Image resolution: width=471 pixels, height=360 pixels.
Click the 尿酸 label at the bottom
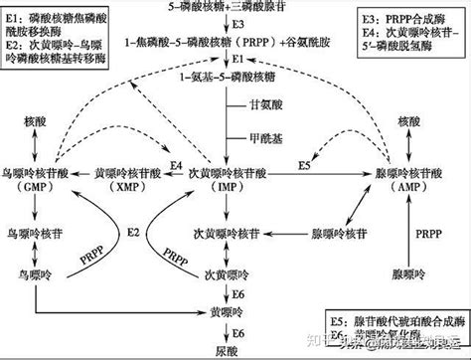point(233,351)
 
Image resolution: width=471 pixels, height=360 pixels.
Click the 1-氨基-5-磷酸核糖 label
point(233,76)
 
